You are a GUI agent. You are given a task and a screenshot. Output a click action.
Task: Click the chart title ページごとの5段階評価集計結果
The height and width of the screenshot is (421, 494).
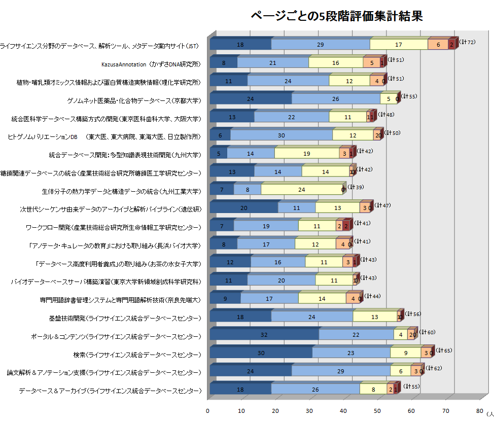(337, 16)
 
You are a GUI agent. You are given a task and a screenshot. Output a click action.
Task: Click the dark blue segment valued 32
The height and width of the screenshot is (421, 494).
(264, 335)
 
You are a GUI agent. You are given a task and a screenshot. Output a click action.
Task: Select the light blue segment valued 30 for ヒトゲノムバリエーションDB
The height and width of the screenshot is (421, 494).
(281, 136)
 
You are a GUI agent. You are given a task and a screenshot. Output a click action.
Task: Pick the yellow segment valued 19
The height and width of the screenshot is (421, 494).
(307, 154)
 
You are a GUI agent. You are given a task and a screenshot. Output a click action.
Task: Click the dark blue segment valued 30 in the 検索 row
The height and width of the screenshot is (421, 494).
(261, 353)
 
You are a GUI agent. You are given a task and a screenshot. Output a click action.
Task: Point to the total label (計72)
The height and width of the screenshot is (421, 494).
(467, 42)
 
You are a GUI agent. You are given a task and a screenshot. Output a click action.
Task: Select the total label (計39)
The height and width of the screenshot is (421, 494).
(355, 187)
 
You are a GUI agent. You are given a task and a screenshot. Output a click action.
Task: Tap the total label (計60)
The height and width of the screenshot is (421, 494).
(428, 332)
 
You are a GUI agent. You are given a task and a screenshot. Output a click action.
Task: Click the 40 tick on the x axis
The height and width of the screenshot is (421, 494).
(343, 410)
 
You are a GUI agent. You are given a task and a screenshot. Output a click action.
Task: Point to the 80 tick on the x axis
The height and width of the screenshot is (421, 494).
(480, 410)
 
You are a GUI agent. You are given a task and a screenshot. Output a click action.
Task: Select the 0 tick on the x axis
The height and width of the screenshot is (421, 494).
(207, 410)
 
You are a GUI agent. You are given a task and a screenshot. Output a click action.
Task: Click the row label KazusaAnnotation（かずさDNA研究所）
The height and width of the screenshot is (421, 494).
(151, 64)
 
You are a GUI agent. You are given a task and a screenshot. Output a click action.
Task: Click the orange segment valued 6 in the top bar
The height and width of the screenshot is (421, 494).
(438, 45)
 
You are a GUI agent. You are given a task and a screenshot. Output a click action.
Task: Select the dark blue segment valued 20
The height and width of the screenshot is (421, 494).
(243, 208)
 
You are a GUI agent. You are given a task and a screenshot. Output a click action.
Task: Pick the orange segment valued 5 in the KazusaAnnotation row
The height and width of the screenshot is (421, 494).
(371, 63)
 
